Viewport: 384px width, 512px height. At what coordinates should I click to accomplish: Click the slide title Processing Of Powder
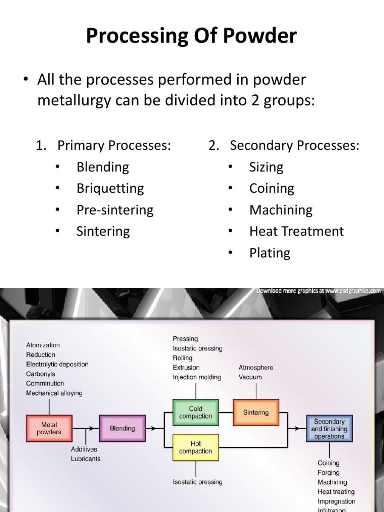[191, 36]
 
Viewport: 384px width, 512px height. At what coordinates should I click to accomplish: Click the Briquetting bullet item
[110, 189]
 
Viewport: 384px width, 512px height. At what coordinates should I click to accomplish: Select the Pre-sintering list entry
[115, 210]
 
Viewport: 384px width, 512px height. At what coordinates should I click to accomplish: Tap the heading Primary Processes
[114, 146]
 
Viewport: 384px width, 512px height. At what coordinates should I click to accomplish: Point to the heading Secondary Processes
[294, 146]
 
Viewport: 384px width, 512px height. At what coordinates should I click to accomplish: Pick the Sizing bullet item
[266, 167]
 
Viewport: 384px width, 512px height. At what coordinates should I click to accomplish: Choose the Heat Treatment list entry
[296, 231]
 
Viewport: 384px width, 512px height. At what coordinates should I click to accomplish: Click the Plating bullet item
[270, 253]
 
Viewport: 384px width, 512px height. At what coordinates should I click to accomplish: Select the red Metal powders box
[49, 428]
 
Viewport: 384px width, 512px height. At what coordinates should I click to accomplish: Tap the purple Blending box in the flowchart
[122, 428]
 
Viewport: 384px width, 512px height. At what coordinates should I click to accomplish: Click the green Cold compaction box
[195, 412]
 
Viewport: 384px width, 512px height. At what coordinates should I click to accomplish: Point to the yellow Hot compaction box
[195, 447]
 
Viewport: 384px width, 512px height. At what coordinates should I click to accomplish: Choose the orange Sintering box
[255, 413]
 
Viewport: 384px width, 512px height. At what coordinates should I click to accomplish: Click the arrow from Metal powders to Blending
[85, 428]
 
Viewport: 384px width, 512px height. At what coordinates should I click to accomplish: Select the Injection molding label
[197, 377]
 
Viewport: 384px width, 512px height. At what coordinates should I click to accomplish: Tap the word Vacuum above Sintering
[250, 377]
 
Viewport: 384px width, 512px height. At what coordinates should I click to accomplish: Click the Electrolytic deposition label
[57, 364]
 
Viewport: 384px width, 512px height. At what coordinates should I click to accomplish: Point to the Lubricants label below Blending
[85, 458]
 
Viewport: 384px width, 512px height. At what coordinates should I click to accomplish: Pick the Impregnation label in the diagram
[336, 501]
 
